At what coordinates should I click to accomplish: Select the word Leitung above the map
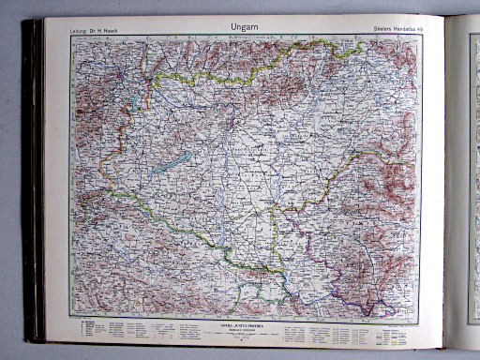(x=79, y=36)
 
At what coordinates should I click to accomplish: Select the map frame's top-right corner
(x=418, y=40)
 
